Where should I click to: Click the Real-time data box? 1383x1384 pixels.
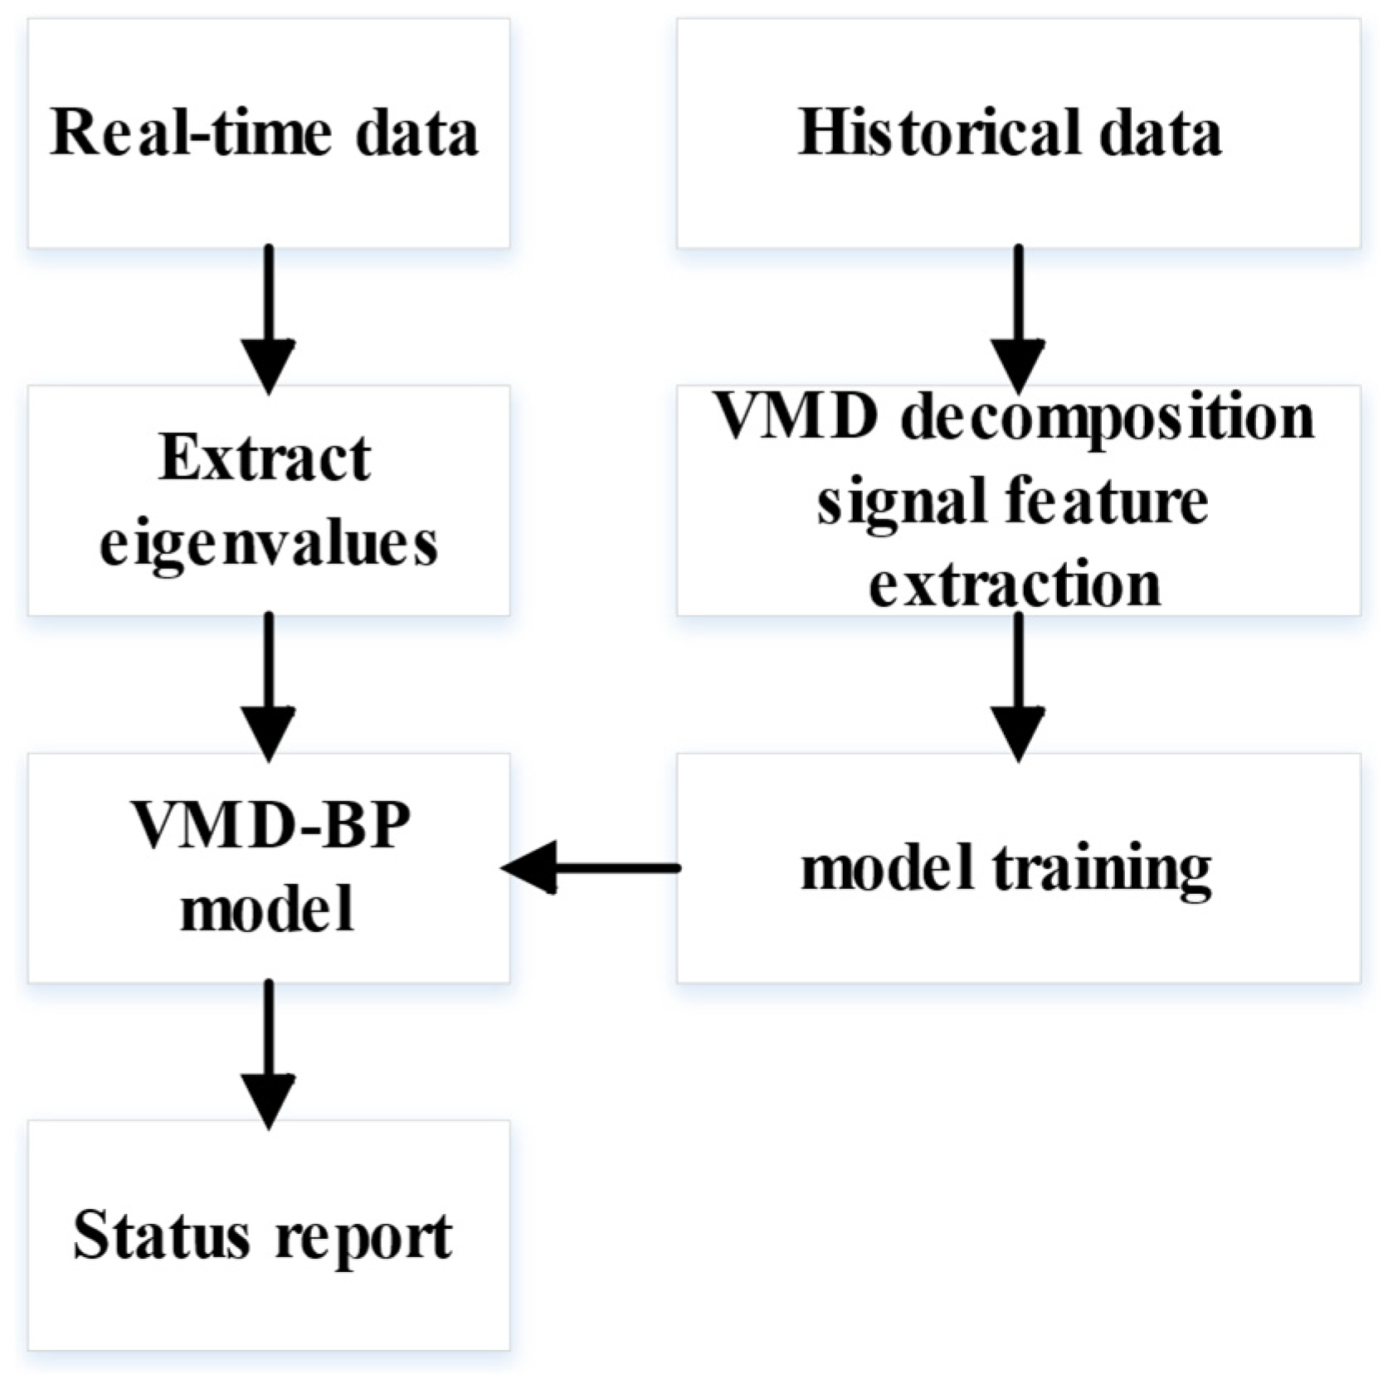(268, 133)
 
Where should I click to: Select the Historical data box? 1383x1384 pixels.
(1018, 133)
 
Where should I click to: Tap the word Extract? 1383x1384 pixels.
(265, 458)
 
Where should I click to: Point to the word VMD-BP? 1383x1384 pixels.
(270, 827)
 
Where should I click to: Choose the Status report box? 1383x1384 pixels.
(268, 1236)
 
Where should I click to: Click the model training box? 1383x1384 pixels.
(1018, 868)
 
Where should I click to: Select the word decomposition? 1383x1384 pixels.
(1108, 417)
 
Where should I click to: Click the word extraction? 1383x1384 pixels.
(1014, 585)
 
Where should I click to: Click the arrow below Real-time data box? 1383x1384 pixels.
(269, 319)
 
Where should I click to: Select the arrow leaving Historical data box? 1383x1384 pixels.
(1018, 319)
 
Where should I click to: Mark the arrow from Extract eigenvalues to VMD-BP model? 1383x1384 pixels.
(269, 686)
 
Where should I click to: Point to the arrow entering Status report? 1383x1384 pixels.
(269, 1053)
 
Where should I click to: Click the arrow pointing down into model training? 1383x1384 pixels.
(1018, 686)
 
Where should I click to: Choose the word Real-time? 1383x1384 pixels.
(191, 133)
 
